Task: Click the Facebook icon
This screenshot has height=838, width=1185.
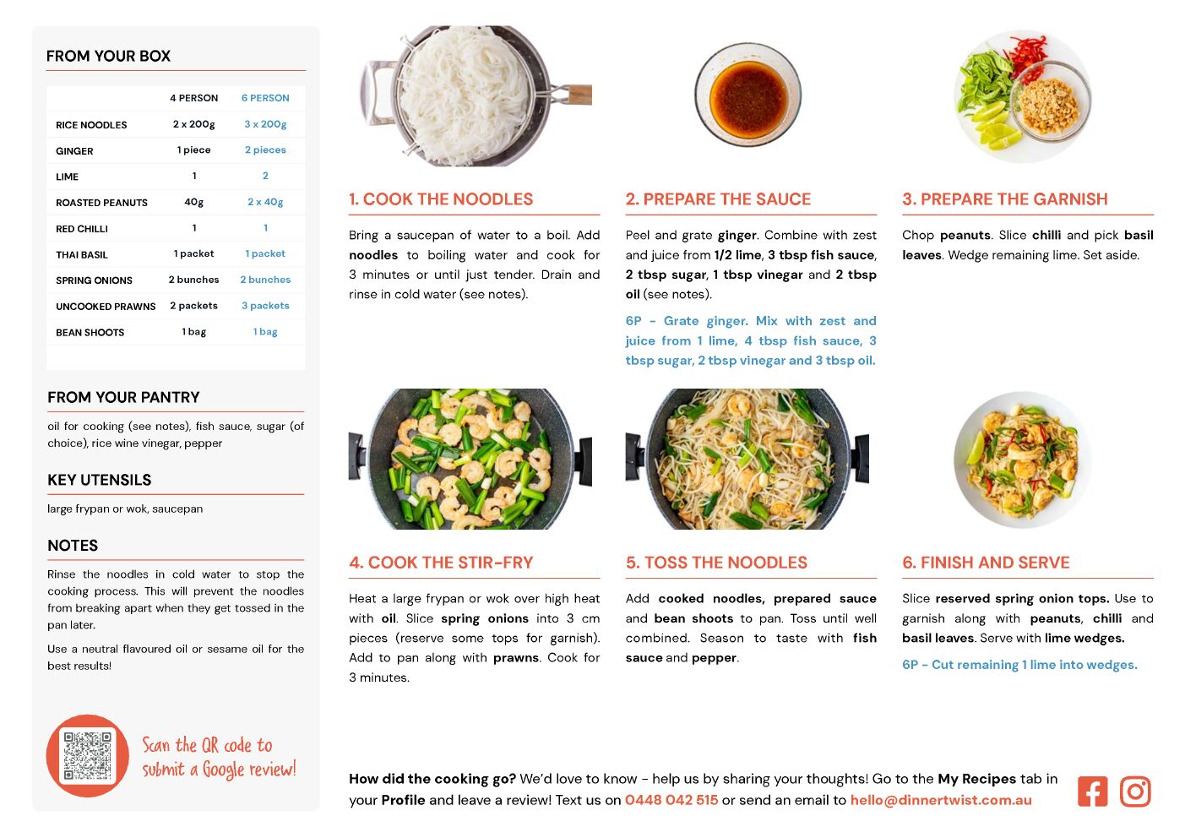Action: click(x=1092, y=792)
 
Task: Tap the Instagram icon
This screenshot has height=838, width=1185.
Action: click(x=1135, y=792)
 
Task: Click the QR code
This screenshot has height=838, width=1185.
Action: click(x=87, y=755)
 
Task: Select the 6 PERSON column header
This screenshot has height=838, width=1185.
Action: click(x=265, y=98)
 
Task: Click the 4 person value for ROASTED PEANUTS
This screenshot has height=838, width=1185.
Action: click(x=193, y=202)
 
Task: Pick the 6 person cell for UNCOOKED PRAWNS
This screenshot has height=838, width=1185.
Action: click(x=265, y=305)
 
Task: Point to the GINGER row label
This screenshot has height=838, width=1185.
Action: click(x=74, y=151)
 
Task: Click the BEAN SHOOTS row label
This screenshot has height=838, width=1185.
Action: click(x=90, y=332)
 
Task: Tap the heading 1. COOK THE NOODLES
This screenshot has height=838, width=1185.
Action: click(x=441, y=199)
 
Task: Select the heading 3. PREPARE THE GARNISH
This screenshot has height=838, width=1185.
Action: click(x=1004, y=199)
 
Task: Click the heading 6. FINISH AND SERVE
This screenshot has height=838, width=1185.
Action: click(x=986, y=563)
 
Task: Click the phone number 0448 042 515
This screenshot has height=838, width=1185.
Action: click(x=671, y=800)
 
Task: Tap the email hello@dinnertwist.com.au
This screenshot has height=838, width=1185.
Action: click(x=941, y=800)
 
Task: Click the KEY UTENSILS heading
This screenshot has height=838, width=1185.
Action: click(x=100, y=480)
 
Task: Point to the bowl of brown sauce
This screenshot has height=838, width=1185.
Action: click(x=747, y=95)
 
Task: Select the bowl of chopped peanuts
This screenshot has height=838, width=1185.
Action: click(x=1050, y=101)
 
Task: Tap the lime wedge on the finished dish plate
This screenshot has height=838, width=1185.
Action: click(x=976, y=448)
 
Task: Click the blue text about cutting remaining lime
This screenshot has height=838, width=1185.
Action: click(x=1019, y=665)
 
